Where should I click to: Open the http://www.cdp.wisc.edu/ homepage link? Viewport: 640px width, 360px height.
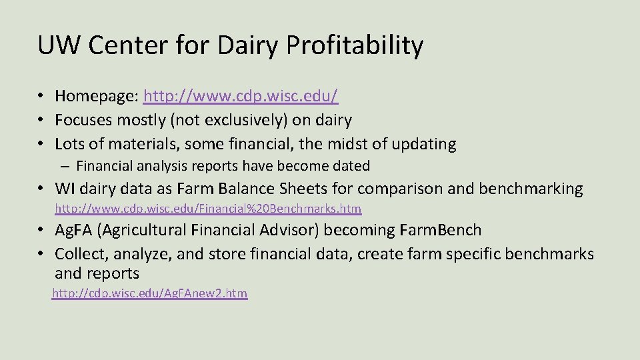click(x=241, y=96)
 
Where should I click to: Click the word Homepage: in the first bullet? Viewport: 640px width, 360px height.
click(x=97, y=96)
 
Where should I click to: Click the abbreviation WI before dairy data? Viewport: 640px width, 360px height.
click(x=64, y=189)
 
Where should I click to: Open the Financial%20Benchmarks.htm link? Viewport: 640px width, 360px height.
click(x=208, y=209)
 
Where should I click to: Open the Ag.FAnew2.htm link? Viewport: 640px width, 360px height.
click(x=150, y=293)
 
